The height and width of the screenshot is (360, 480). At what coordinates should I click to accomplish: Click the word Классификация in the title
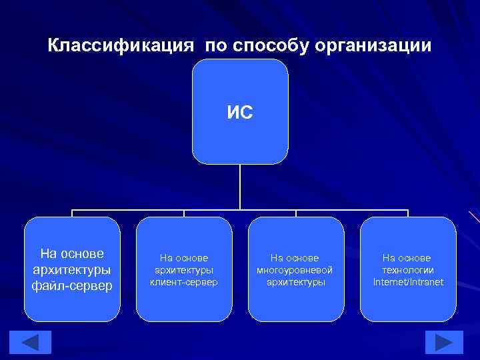121,46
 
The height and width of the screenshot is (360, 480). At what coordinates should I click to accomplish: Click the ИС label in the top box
239,112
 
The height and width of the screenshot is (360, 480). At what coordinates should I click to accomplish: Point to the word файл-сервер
72,286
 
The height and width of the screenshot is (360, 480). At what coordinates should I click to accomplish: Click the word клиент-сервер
184,282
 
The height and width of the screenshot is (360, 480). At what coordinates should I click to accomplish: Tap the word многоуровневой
295,270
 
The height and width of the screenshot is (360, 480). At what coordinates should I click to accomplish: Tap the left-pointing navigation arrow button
33,342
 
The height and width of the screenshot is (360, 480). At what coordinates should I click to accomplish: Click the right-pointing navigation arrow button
443,342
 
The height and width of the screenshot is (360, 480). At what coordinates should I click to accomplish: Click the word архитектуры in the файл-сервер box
72,270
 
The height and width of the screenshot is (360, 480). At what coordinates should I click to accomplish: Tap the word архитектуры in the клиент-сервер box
184,270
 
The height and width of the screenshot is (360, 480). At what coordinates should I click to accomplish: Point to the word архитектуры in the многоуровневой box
295,282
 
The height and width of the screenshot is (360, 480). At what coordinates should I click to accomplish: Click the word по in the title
215,47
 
